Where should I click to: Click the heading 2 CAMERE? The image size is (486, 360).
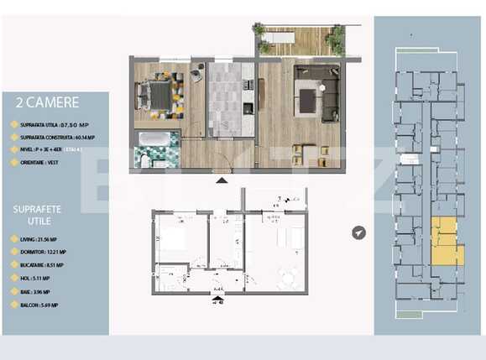pyautogui.click(x=48, y=103)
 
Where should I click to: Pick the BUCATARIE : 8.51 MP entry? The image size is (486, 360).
pyautogui.click(x=44, y=266)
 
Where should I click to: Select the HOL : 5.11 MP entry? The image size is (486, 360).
pyautogui.click(x=34, y=279)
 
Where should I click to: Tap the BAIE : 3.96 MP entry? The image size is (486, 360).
pyautogui.click(x=35, y=292)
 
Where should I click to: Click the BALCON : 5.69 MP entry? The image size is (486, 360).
pyautogui.click(x=39, y=305)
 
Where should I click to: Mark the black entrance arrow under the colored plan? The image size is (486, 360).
pyautogui.click(x=221, y=179)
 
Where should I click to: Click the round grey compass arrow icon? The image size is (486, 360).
pyautogui.click(x=360, y=232)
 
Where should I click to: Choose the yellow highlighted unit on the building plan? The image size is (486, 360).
pyautogui.click(x=445, y=239)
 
